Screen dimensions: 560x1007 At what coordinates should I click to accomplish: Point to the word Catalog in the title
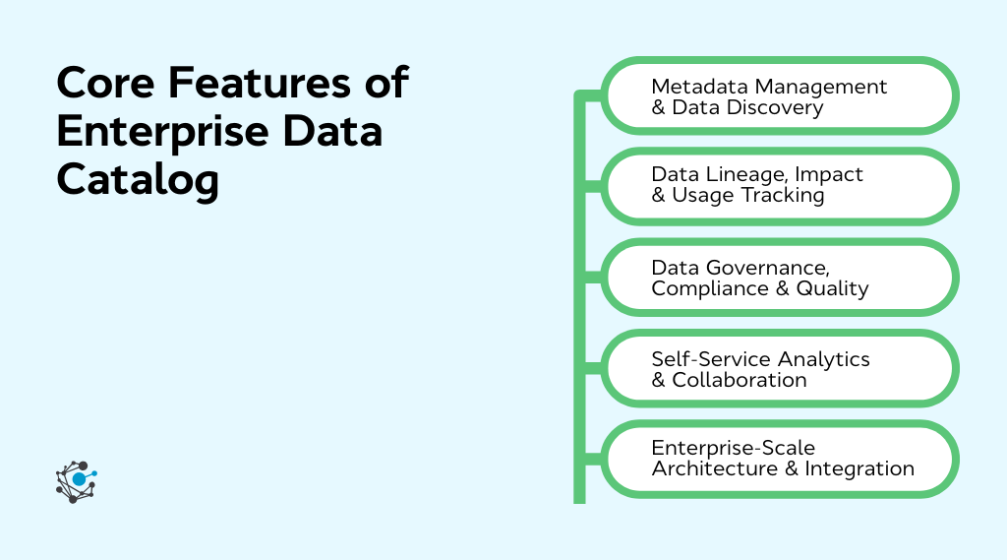click(x=138, y=180)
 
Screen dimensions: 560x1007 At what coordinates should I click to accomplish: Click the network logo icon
click(x=77, y=481)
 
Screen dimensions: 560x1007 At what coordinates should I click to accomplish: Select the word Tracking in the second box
click(x=783, y=195)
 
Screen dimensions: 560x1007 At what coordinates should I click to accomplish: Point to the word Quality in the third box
click(x=833, y=288)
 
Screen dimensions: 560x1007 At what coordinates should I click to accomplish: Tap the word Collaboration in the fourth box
click(x=740, y=380)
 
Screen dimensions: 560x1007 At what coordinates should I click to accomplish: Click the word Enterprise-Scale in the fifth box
click(x=734, y=448)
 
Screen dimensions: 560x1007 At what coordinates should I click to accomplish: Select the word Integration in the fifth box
click(x=859, y=468)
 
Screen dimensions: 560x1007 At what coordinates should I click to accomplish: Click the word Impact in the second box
click(x=829, y=174)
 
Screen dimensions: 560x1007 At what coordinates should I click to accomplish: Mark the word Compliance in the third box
click(x=712, y=288)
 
